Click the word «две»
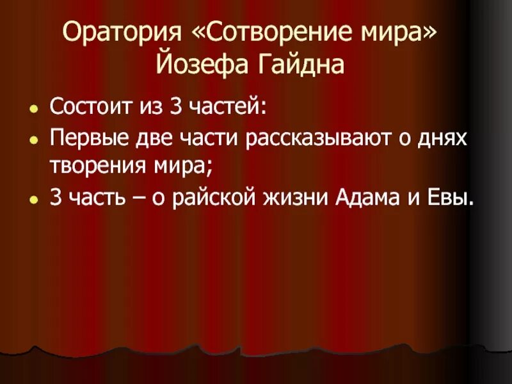point(145,139)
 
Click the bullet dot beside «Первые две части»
point(33,140)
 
